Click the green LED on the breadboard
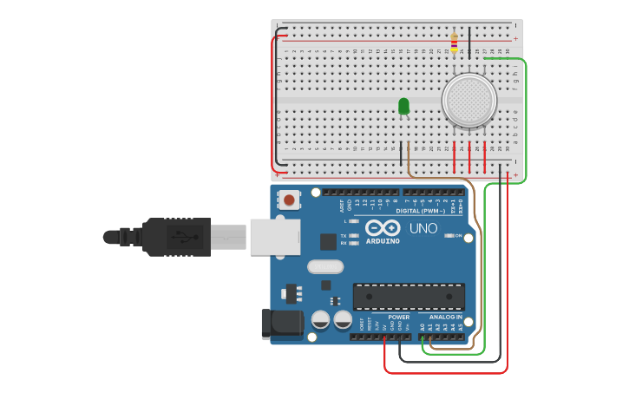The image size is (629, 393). (403, 106)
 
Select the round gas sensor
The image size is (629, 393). (468, 100)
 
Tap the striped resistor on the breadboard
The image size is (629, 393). (454, 43)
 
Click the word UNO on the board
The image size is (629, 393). (423, 228)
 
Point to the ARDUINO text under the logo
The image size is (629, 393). (383, 240)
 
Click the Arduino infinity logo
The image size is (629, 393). (383, 227)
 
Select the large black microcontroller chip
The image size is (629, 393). (408, 296)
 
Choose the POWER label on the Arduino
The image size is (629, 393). (398, 317)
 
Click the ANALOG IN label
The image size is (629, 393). (446, 317)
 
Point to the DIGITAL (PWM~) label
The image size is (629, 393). (420, 211)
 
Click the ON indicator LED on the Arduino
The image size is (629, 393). (449, 235)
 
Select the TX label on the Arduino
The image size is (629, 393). (344, 236)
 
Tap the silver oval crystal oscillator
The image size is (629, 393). (324, 267)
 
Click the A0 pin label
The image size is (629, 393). (423, 327)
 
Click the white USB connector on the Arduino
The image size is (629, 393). (275, 237)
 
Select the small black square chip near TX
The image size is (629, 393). (328, 242)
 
